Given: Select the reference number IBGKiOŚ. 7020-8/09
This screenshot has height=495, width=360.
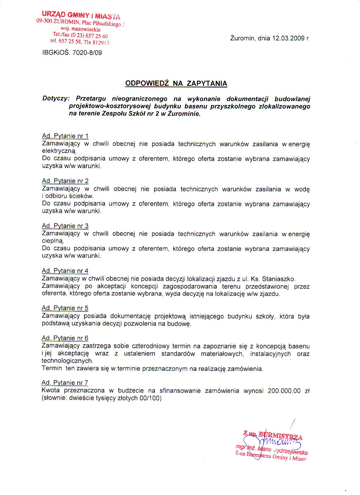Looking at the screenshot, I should [x=72, y=53].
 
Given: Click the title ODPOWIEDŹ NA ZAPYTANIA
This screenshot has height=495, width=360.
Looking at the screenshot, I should [x=176, y=83].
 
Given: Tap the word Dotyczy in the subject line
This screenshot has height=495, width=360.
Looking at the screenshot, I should [x=55, y=99].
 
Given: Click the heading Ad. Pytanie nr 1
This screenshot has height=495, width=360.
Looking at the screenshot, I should [x=65, y=136].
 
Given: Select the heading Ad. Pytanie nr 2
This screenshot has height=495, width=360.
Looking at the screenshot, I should [x=65, y=181].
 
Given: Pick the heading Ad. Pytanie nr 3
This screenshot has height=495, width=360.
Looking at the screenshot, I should [x=65, y=226].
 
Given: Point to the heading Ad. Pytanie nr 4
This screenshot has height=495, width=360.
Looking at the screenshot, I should [x=65, y=271].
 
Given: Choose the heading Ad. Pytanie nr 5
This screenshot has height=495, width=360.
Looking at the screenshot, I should [x=65, y=308].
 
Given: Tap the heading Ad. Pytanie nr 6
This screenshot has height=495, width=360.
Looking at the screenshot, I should [x=65, y=338].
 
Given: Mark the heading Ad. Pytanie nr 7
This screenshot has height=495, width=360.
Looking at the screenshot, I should [x=65, y=383].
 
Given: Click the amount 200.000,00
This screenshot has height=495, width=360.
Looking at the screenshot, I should [x=284, y=391].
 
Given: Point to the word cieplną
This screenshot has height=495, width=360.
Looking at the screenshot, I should [x=53, y=242].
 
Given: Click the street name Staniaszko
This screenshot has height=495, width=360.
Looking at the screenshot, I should [x=278, y=279].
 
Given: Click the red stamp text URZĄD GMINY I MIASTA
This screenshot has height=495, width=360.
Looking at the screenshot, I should [x=81, y=15].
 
